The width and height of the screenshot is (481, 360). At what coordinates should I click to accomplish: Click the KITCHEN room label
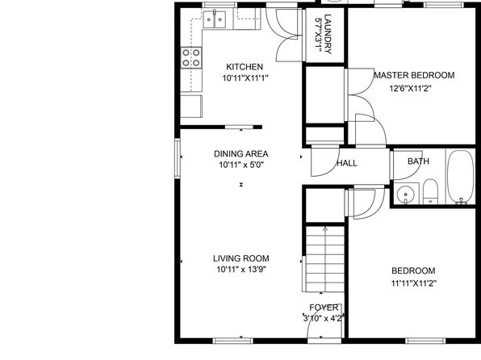click(x=245, y=67)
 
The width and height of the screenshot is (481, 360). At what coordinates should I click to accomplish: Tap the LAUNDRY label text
click(x=328, y=34)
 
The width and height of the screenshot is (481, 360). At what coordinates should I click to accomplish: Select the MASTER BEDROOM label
click(x=414, y=75)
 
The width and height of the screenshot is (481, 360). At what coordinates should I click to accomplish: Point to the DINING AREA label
click(x=241, y=153)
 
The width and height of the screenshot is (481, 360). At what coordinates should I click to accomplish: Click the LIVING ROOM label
click(x=241, y=258)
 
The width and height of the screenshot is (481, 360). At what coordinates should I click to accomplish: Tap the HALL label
click(x=347, y=163)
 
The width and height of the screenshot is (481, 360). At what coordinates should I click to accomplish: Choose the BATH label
click(x=418, y=161)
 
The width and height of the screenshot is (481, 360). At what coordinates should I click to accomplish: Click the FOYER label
click(x=324, y=308)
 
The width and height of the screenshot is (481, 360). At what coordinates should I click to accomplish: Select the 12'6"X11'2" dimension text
click(x=411, y=89)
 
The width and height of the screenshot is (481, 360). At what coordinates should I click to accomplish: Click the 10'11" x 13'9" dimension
click(x=241, y=270)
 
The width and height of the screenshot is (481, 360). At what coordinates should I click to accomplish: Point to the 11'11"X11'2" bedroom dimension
click(x=413, y=283)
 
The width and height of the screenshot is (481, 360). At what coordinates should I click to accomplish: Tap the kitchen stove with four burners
click(x=191, y=57)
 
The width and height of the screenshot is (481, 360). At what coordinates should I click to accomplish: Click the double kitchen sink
click(x=215, y=19)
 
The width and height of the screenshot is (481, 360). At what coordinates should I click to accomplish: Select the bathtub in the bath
click(x=460, y=177)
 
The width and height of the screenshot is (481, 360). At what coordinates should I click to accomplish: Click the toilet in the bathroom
click(x=431, y=191)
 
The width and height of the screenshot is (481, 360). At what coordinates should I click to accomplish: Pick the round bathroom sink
click(x=405, y=195)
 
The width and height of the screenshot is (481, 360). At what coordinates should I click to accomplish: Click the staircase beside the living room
click(x=325, y=259)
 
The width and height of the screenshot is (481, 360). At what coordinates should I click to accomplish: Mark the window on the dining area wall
click(x=178, y=157)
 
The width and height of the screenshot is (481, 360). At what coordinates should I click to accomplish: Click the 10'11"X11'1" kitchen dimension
click(x=245, y=78)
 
